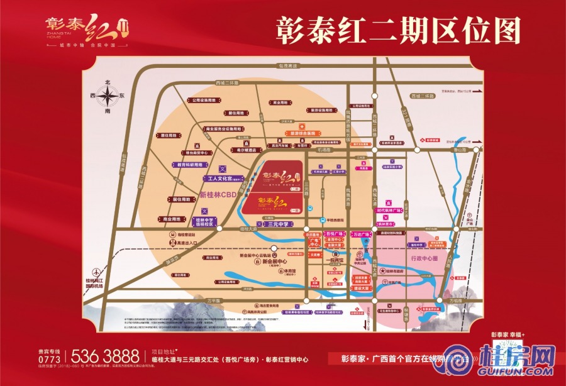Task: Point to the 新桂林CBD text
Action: [217, 195]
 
